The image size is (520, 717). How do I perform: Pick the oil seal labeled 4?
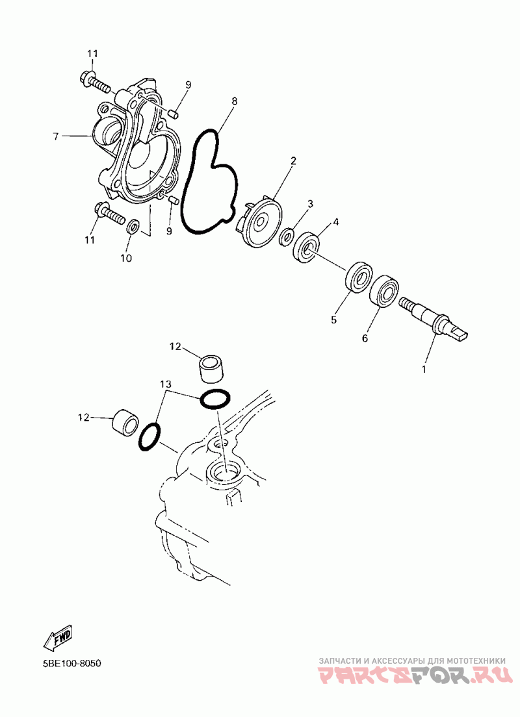pyautogui.click(x=307, y=248)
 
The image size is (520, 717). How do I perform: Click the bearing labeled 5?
pyautogui.click(x=358, y=276)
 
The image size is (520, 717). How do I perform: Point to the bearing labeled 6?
pyautogui.click(x=383, y=290)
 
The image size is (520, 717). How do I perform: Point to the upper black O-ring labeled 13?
pyautogui.click(x=215, y=400)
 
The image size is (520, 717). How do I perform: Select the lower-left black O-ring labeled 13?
pyautogui.click(x=149, y=438)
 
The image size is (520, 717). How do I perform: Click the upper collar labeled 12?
pyautogui.click(x=211, y=367)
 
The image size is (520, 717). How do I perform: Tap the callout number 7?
pyautogui.click(x=56, y=136)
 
